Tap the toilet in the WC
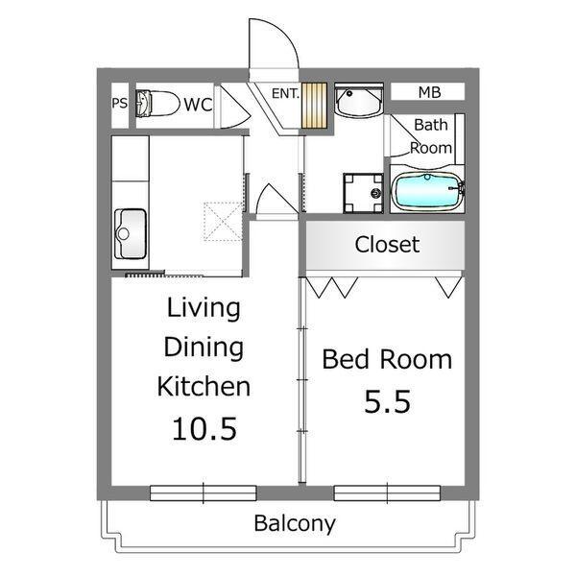point(157,104)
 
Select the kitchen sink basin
point(131,233)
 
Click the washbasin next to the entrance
point(359,100)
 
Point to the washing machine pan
point(363,193)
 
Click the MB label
point(429,92)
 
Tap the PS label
point(120,104)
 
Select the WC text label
point(198,105)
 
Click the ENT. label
point(285,94)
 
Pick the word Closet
point(387,244)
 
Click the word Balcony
point(295,523)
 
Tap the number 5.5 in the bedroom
point(387,401)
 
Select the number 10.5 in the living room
point(204,429)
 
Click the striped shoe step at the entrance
point(314,106)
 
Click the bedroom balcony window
point(387,493)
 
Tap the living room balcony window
point(204,493)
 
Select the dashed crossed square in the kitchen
point(223,221)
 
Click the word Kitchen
point(204,387)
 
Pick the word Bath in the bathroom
point(431,125)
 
